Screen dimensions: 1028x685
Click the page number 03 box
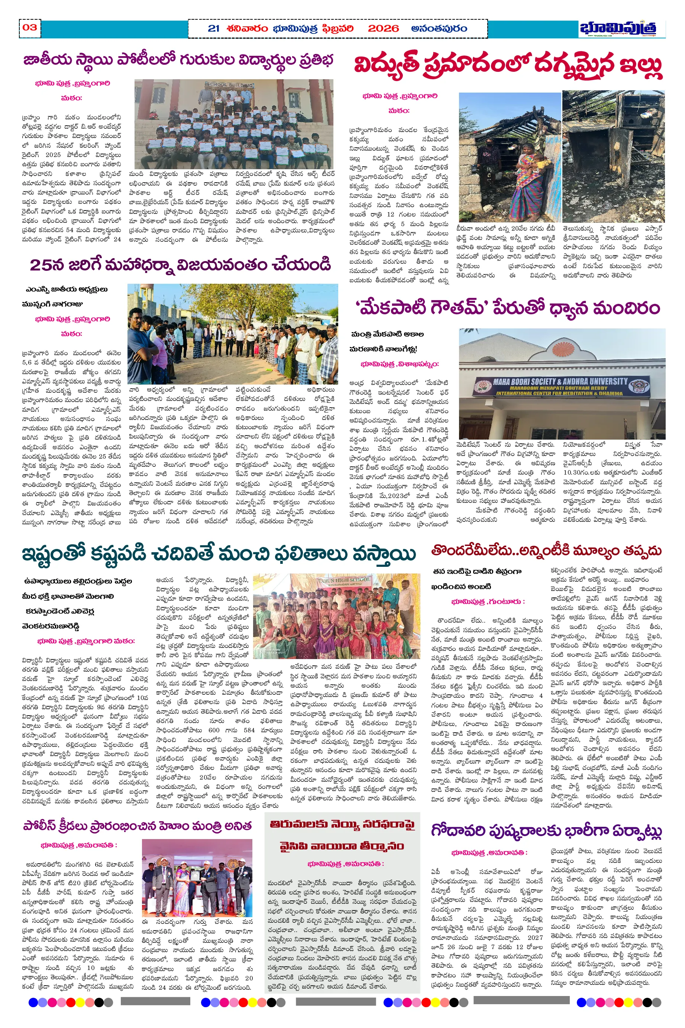click(x=30, y=28)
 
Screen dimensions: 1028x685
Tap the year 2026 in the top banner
click(x=383, y=29)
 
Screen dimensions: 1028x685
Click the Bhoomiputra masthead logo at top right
click(x=622, y=29)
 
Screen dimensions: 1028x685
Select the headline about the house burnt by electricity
click(x=508, y=65)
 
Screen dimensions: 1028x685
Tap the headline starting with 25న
click(x=180, y=265)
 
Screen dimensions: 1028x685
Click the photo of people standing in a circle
click(x=232, y=334)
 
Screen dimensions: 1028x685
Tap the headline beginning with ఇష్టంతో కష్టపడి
click(x=219, y=555)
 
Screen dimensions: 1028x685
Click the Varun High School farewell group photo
click(x=336, y=616)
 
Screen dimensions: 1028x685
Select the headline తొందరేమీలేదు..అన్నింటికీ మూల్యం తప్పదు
click(x=546, y=551)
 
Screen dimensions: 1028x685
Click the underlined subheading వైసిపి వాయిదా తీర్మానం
click(x=342, y=846)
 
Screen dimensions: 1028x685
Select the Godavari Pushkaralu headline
click(x=546, y=831)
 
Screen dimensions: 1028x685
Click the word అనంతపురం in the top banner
click(x=439, y=29)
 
